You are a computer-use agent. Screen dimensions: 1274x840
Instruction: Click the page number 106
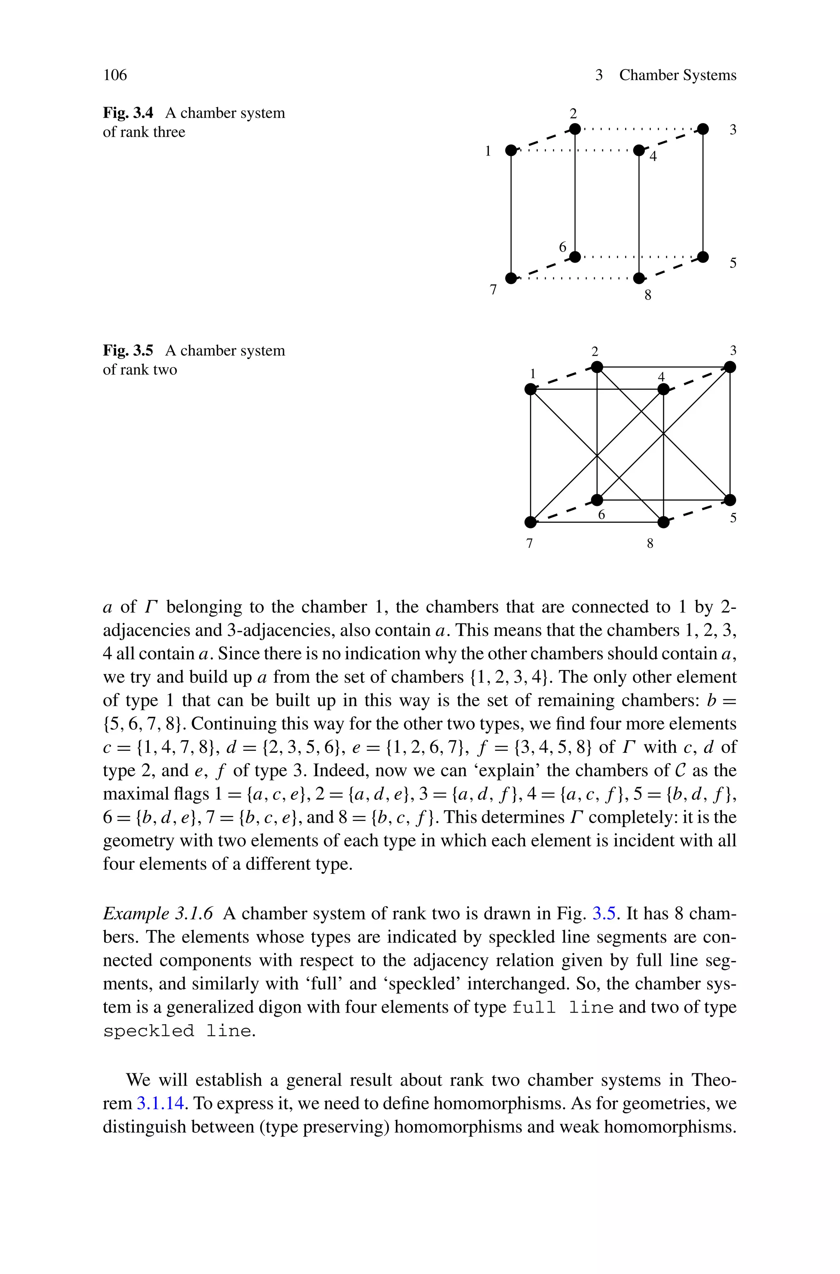pos(115,75)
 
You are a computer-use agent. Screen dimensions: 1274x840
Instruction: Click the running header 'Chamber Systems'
pos(677,75)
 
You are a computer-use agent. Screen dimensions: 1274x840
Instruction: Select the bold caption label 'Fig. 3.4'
pos(128,113)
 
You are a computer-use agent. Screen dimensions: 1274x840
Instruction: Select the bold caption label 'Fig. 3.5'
pos(128,351)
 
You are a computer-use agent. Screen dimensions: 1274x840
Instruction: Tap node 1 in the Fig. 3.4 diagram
pos(511,150)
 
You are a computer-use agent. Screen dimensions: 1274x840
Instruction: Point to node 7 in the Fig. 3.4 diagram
pos(511,278)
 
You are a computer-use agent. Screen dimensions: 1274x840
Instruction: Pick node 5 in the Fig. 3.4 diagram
pos(703,256)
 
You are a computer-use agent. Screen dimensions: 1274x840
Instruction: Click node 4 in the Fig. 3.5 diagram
pos(663,389)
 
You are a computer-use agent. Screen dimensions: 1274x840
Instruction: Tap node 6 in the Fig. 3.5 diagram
pos(597,500)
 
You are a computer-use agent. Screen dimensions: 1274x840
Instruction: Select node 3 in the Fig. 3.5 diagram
pos(730,367)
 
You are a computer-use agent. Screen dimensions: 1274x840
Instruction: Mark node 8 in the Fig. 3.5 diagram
pos(663,522)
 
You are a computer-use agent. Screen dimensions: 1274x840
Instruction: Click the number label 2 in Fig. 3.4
pos(573,114)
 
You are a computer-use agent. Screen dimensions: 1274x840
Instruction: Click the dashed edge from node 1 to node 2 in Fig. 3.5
pos(564,378)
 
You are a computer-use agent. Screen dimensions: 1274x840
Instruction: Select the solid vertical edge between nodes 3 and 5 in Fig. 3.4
pos(703,193)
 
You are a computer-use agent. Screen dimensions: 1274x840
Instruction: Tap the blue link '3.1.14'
pos(161,1103)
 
